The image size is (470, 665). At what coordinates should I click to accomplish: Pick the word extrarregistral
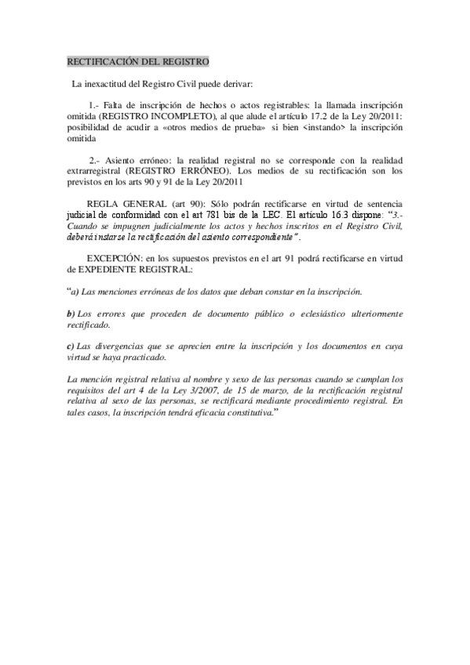coord(95,170)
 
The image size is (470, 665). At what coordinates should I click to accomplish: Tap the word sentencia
coord(382,203)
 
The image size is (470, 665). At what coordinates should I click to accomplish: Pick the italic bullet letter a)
coord(76,292)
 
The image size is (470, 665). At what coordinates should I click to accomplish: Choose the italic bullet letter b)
coord(71,314)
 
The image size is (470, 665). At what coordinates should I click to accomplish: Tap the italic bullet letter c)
coord(71,345)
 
